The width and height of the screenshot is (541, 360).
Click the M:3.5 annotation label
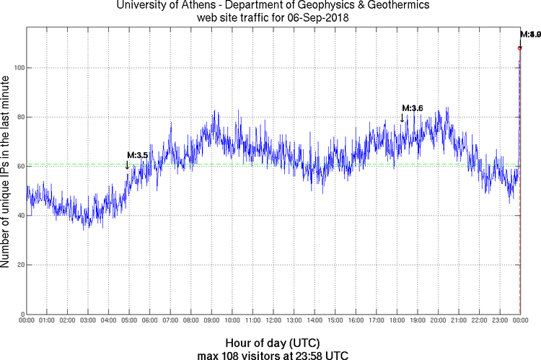pyautogui.click(x=137, y=154)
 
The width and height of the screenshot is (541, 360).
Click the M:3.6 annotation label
pyautogui.click(x=412, y=107)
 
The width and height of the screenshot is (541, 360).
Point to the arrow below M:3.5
pyautogui.click(x=128, y=164)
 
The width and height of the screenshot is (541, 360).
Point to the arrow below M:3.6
pyautogui.click(x=402, y=118)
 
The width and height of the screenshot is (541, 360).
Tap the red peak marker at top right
pyautogui.click(x=519, y=48)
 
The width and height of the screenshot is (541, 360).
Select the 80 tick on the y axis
pyautogui.click(x=17, y=117)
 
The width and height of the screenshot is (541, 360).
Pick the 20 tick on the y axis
pyautogui.click(x=17, y=265)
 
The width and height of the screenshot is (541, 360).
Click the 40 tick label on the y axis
pyautogui.click(x=17, y=216)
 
